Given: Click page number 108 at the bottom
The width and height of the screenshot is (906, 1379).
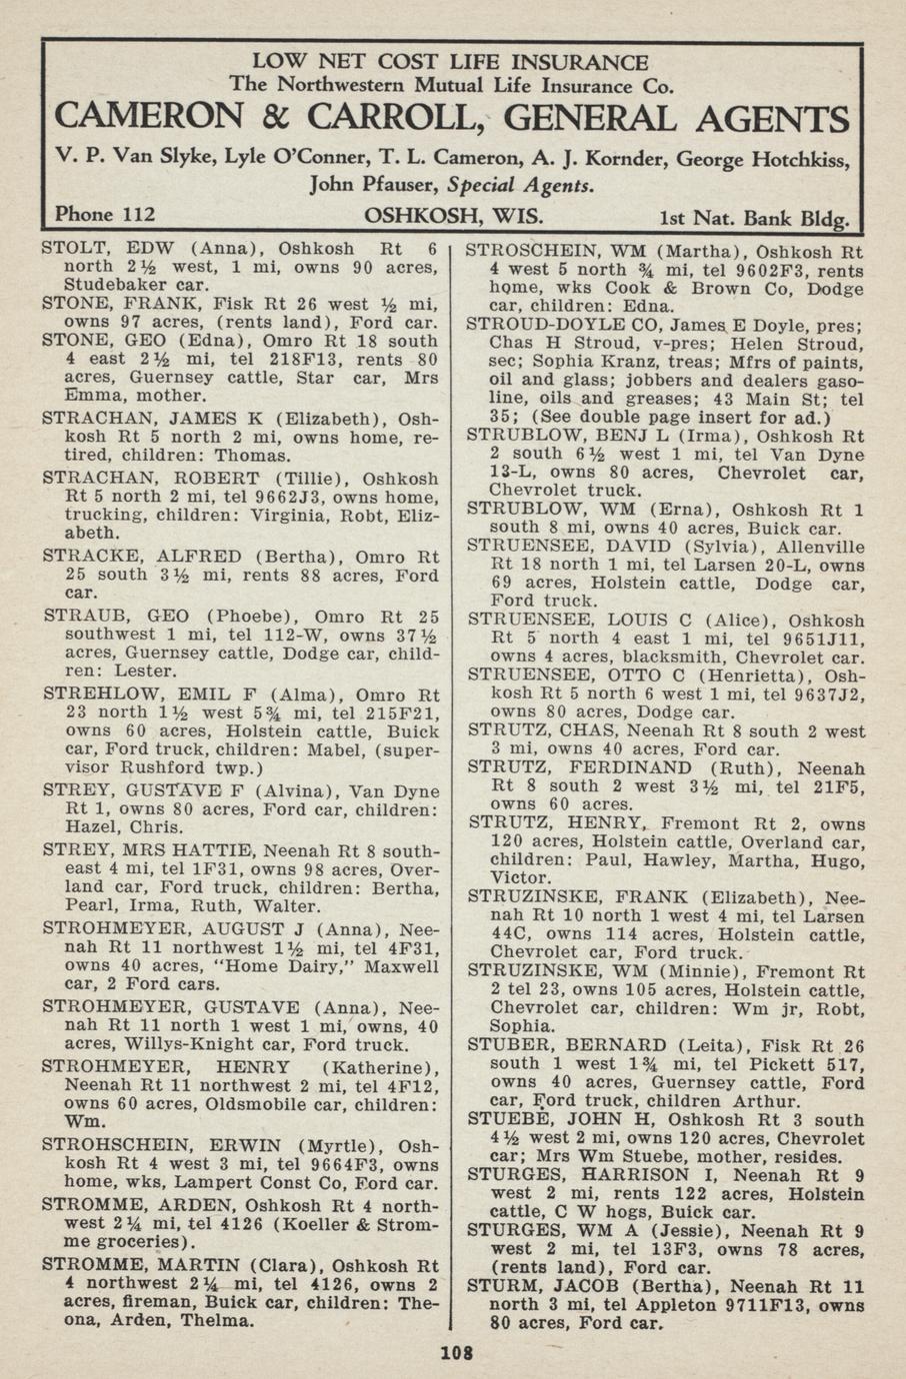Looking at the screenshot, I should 455,1355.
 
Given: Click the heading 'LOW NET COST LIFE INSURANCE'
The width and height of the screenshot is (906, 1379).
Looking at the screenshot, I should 450,63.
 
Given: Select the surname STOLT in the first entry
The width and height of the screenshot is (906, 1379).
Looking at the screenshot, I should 73,249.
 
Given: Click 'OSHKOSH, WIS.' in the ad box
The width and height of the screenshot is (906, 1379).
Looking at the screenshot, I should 454,215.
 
